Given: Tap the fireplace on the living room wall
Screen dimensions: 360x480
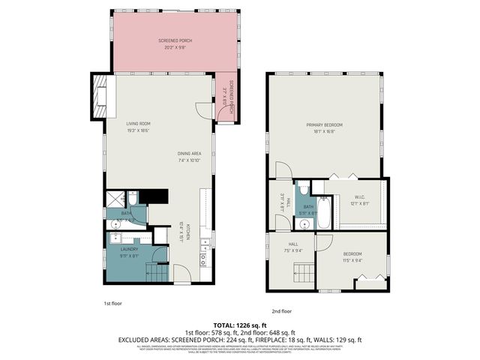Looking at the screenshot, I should pos(100,96).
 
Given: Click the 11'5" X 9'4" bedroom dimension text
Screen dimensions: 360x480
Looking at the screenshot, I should pos(352,260).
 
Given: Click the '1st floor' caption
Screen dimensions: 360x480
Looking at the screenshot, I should pos(112,303).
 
